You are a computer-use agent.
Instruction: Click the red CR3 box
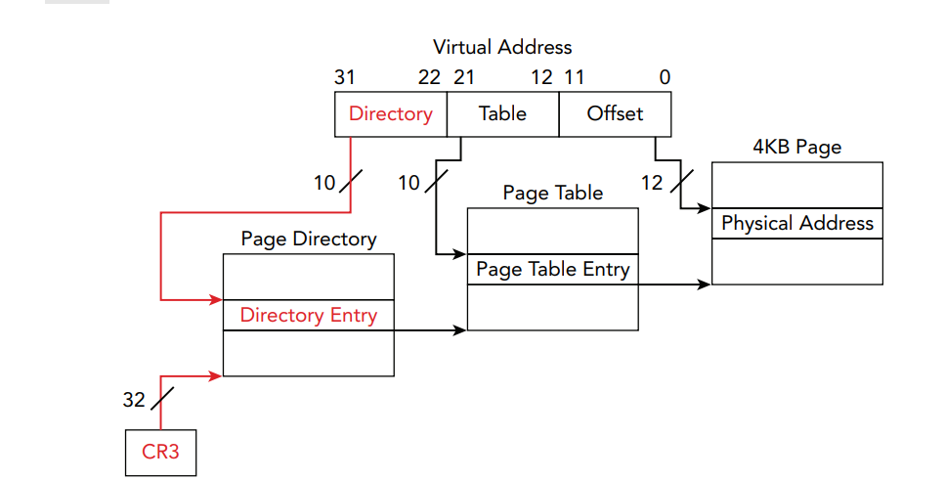point(161,453)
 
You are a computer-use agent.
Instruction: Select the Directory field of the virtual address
point(391,114)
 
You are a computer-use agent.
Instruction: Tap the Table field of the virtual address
point(502,114)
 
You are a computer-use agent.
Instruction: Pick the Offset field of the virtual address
point(615,114)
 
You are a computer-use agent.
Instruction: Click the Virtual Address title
point(502,47)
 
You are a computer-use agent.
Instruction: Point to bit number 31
point(345,77)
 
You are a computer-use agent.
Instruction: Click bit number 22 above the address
point(429,77)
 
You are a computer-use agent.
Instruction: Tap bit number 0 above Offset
point(665,77)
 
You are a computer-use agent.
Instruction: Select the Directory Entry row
point(309,315)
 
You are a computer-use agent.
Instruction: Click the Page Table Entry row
point(553,269)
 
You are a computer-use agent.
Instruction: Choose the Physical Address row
point(797,223)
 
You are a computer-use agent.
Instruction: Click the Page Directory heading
point(309,239)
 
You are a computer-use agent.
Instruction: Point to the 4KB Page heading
point(796,148)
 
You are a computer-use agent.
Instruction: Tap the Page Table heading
point(553,193)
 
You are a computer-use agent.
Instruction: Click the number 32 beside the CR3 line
point(134,400)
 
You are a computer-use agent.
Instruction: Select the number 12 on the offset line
point(652,183)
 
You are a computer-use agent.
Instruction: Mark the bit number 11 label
point(575,77)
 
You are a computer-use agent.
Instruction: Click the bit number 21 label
point(464,77)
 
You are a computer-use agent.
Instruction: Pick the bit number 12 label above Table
point(541,77)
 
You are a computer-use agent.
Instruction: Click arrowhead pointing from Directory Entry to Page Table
point(460,329)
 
